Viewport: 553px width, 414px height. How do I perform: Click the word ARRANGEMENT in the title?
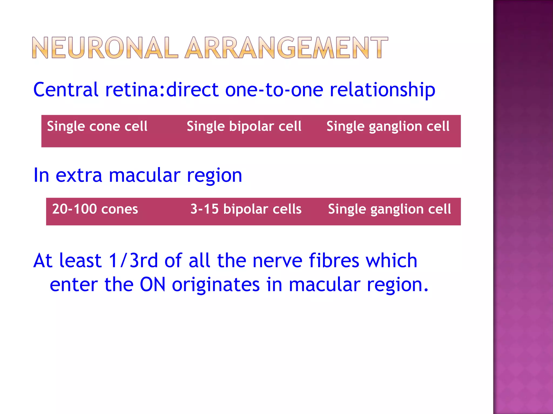287,48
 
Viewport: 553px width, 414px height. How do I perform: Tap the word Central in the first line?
66,90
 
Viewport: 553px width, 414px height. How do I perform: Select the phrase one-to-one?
274,90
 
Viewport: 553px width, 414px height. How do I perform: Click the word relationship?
382,90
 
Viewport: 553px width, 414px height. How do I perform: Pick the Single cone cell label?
97,126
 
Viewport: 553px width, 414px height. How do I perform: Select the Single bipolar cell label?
244,126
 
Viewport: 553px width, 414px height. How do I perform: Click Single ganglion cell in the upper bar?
388,126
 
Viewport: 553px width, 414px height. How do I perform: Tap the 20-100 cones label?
95,209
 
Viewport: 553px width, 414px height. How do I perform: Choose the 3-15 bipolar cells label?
246,209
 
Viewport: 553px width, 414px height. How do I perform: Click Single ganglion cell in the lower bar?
389,209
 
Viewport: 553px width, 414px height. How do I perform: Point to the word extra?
79,175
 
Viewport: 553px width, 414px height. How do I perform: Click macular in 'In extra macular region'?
144,175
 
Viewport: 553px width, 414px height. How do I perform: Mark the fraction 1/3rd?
133,261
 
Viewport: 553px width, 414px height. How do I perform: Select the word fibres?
334,261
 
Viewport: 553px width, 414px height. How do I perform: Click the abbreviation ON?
153,285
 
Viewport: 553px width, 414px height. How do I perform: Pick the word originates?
216,285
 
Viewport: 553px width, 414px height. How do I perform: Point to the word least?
80,261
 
